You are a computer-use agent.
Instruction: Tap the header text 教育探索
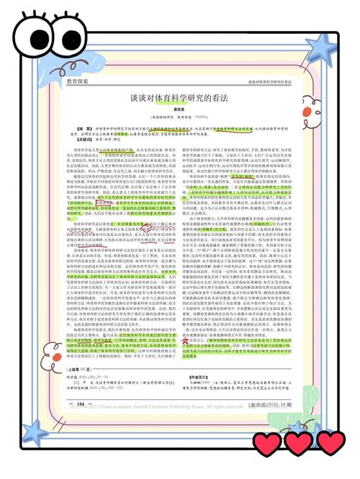[77, 82]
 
